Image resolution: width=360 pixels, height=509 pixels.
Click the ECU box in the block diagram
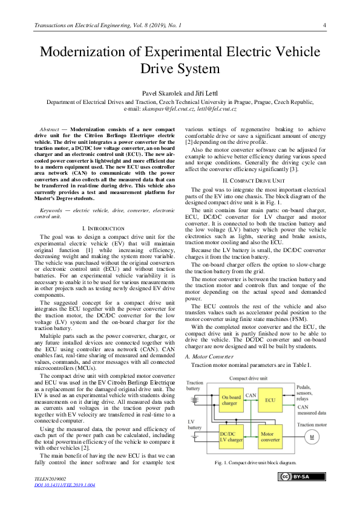[270, 400]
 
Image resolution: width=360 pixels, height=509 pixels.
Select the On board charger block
[230, 400]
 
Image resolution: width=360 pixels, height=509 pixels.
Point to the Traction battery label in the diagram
[195, 386]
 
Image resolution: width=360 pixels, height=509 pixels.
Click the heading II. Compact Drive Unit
[254, 163]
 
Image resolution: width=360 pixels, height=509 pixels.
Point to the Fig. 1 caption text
[255, 462]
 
